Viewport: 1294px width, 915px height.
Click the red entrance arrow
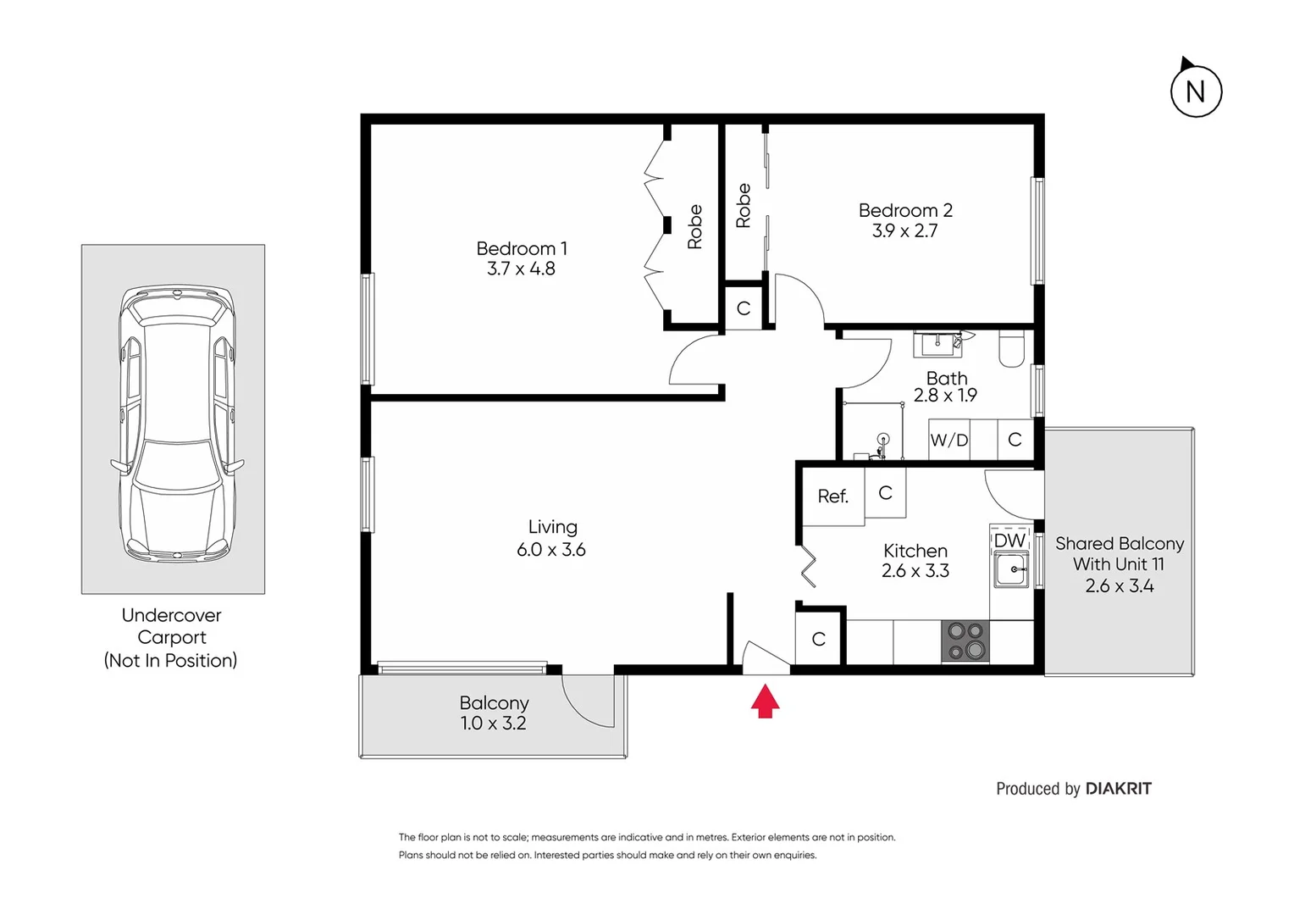click(765, 701)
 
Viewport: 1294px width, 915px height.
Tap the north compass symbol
click(1195, 91)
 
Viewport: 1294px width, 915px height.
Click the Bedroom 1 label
click(522, 248)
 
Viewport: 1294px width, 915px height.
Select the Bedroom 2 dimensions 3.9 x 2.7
click(904, 231)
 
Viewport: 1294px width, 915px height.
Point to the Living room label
click(552, 527)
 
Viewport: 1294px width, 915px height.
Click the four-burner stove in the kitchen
click(965, 641)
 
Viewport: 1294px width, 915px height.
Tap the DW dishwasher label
click(1009, 541)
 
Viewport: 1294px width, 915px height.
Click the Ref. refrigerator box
click(832, 496)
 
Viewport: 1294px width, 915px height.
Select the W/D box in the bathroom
click(948, 440)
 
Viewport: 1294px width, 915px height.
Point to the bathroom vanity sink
click(937, 343)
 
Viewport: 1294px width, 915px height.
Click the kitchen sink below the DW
click(1010, 569)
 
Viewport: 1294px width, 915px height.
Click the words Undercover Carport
click(171, 626)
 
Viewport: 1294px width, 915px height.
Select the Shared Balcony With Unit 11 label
click(1119, 554)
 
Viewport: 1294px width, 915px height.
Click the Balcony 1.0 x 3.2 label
click(494, 713)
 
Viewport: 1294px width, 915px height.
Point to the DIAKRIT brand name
click(1118, 789)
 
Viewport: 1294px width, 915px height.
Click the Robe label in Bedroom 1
click(694, 227)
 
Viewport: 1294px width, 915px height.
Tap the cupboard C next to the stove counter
click(818, 640)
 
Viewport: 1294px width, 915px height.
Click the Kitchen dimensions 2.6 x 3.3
click(915, 571)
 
